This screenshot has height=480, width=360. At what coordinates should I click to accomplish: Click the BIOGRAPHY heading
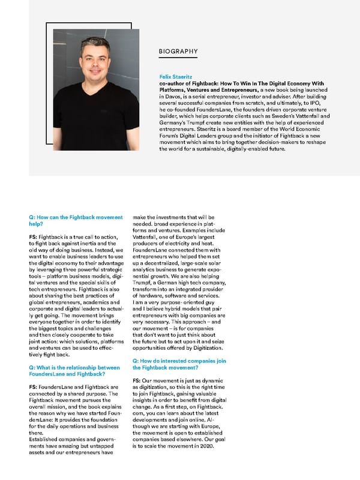(178, 52)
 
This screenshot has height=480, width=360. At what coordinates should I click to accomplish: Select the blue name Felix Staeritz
(175, 77)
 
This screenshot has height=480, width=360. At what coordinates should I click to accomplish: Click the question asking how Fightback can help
(72, 219)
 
